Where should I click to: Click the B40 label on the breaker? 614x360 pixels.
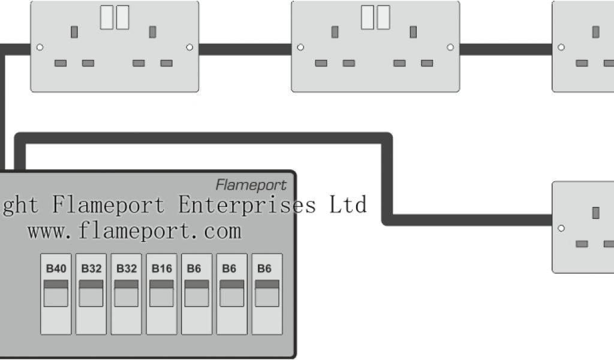tap(56, 269)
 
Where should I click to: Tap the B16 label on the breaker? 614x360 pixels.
tap(161, 269)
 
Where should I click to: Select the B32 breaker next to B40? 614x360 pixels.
tap(91, 294)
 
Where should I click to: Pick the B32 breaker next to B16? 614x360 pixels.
tap(127, 294)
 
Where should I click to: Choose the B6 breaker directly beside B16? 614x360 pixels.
tap(197, 294)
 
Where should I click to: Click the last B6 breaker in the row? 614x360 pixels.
tap(267, 294)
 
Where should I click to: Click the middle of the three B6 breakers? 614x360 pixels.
tap(232, 294)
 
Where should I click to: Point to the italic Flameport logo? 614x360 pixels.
tap(251, 185)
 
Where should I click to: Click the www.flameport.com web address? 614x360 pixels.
tap(134, 230)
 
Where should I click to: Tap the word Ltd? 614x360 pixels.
tap(347, 205)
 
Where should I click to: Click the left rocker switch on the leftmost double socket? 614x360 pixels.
tap(107, 17)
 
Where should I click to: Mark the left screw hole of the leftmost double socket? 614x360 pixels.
tap(40, 47)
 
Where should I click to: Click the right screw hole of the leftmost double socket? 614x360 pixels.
tap(189, 47)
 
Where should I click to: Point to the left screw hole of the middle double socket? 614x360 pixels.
tap(300, 47)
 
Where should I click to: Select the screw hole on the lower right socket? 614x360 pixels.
tap(561, 228)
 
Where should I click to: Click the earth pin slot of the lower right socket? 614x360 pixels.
tap(596, 212)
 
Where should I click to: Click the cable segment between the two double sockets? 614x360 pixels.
tap(245, 49)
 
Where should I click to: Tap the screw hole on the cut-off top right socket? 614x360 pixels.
tap(561, 47)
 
